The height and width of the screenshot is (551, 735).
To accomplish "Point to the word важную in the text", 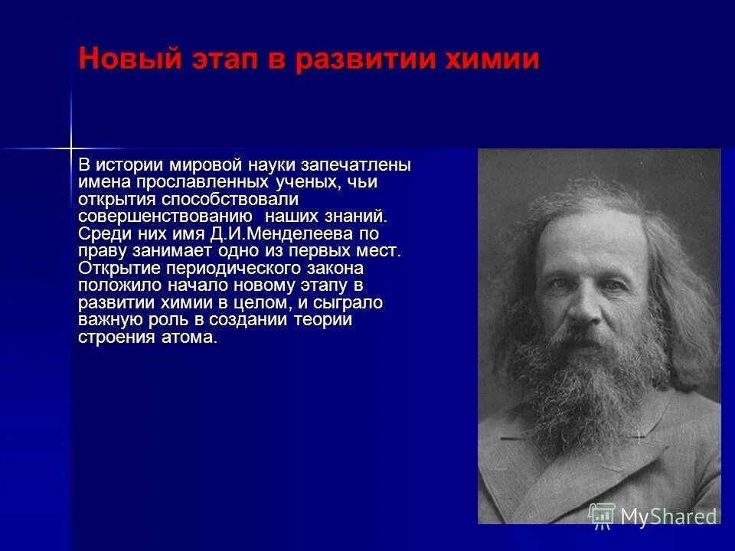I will pos(106,319).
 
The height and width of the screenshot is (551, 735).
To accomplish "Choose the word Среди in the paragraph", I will pos(99,233).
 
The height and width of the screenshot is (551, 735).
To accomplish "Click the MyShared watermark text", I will pos(668,517).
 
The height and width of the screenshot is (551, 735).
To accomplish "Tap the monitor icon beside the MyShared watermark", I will pos(602,515).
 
